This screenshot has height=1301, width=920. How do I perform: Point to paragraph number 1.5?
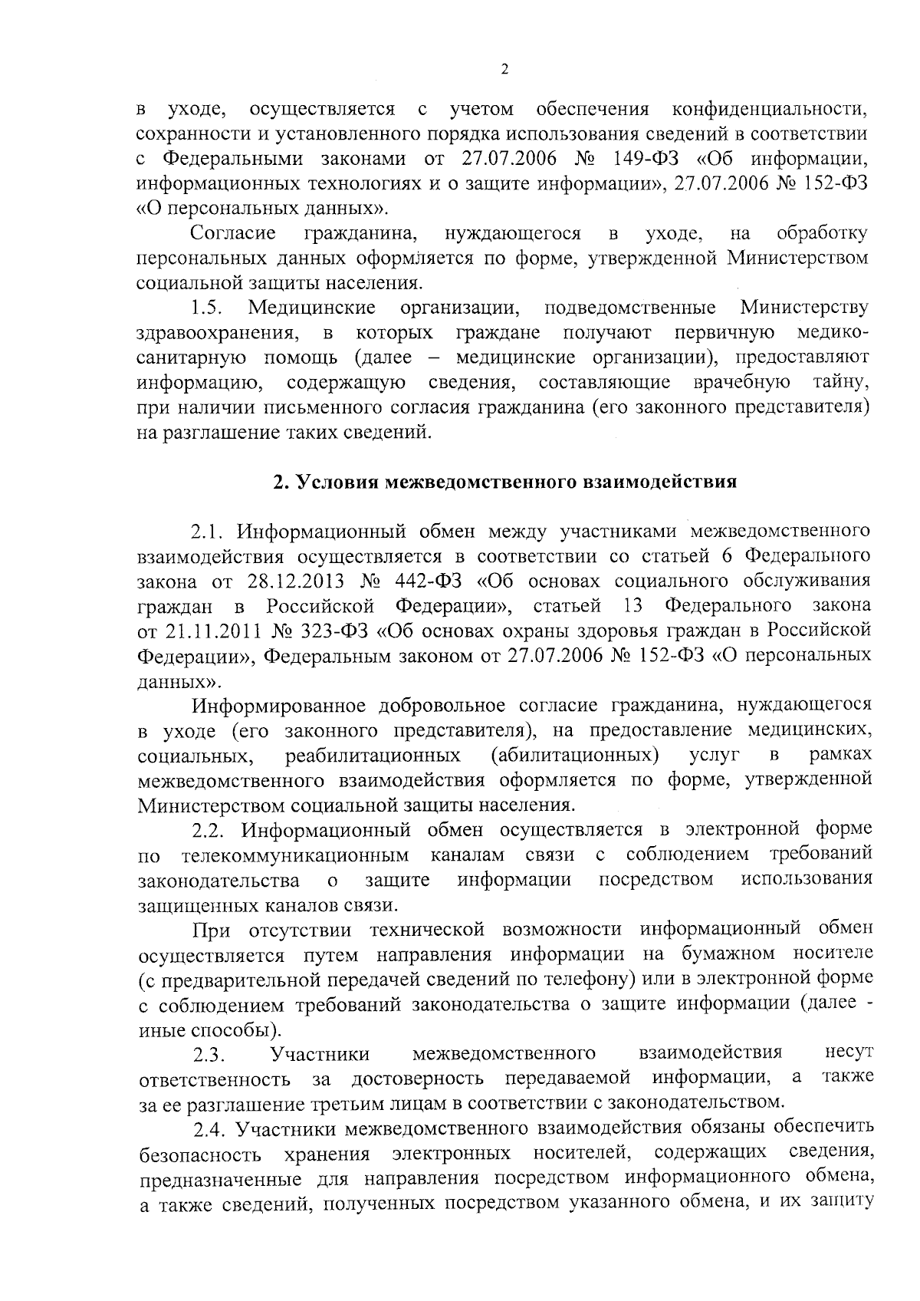pyautogui.click(x=206, y=308)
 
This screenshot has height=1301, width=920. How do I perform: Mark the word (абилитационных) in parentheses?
pyautogui.click(x=575, y=755)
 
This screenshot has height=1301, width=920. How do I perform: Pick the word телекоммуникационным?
pyautogui.click(x=295, y=855)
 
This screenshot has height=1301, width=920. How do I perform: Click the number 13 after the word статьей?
pyautogui.click(x=633, y=605)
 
